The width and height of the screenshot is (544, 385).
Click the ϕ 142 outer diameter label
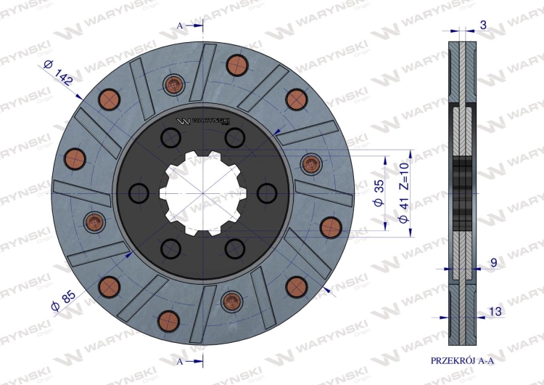click(x=58, y=73)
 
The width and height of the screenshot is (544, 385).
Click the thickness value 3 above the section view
click(x=483, y=25)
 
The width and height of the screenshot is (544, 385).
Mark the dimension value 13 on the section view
click(x=495, y=312)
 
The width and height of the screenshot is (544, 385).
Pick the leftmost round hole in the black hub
click(x=138, y=192)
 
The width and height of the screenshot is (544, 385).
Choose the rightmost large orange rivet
click(x=329, y=225)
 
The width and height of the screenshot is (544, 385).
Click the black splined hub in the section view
click(x=462, y=192)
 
